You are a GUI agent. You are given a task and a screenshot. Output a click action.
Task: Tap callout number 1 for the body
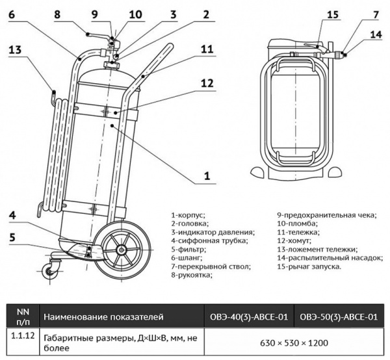[x=207, y=175]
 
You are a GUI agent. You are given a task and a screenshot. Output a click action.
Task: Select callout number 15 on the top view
[x=315, y=15]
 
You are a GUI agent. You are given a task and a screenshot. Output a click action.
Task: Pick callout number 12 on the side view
[x=207, y=84]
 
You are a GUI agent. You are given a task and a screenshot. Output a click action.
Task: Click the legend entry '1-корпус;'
[x=188, y=214]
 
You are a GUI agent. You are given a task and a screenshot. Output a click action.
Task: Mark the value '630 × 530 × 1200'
[x=292, y=342]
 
